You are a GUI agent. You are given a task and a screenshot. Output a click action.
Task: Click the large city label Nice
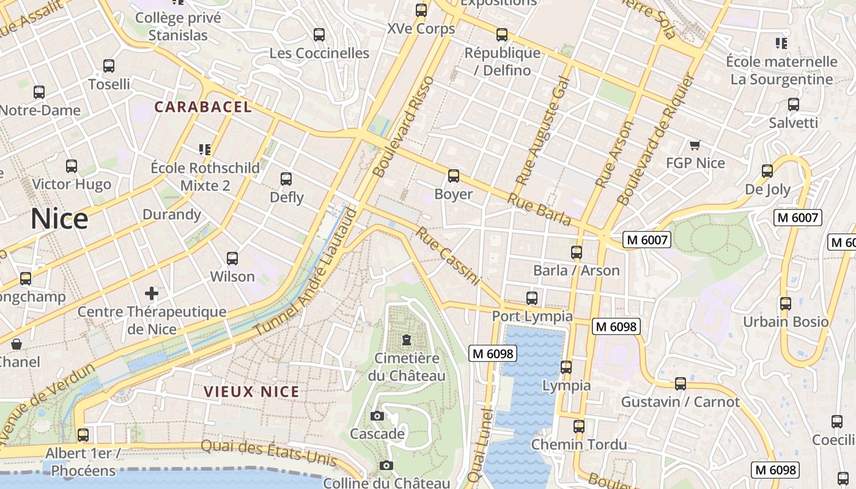(59, 218)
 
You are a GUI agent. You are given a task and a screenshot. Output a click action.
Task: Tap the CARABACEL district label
(203, 107)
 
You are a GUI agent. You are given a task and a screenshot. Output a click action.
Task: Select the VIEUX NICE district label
(251, 392)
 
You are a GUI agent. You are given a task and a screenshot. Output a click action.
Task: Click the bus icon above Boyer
(453, 176)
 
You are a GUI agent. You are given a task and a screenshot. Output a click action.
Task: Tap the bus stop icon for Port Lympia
(532, 298)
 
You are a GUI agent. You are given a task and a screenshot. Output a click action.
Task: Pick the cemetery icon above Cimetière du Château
(406, 340)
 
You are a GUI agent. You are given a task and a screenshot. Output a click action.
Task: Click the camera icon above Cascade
(377, 416)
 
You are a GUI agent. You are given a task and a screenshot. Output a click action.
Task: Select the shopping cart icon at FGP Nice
(695, 145)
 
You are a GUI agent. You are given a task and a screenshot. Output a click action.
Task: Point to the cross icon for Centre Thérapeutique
(152, 293)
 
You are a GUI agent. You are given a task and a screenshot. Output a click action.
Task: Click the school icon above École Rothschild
(205, 149)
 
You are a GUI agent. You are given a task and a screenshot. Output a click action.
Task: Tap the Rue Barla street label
(539, 210)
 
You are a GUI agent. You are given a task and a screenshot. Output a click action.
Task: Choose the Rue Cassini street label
(447, 256)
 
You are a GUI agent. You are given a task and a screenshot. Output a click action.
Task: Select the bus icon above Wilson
(232, 259)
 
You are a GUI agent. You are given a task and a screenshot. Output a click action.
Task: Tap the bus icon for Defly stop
(286, 179)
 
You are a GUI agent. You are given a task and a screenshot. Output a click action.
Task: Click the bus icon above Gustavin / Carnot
(680, 384)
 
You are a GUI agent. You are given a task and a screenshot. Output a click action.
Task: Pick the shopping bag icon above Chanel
(17, 344)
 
